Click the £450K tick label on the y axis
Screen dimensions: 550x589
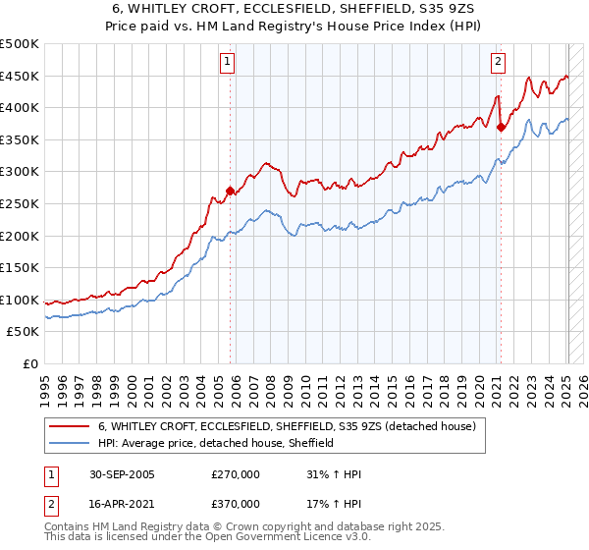tap(20, 77)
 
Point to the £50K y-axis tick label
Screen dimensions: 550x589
tap(23, 332)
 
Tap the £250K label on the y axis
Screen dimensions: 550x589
tap(20, 204)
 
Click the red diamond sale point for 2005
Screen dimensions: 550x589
tap(231, 192)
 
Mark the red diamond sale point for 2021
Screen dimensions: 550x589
tap(501, 127)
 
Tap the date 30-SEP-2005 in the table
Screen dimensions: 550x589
tap(119, 474)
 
